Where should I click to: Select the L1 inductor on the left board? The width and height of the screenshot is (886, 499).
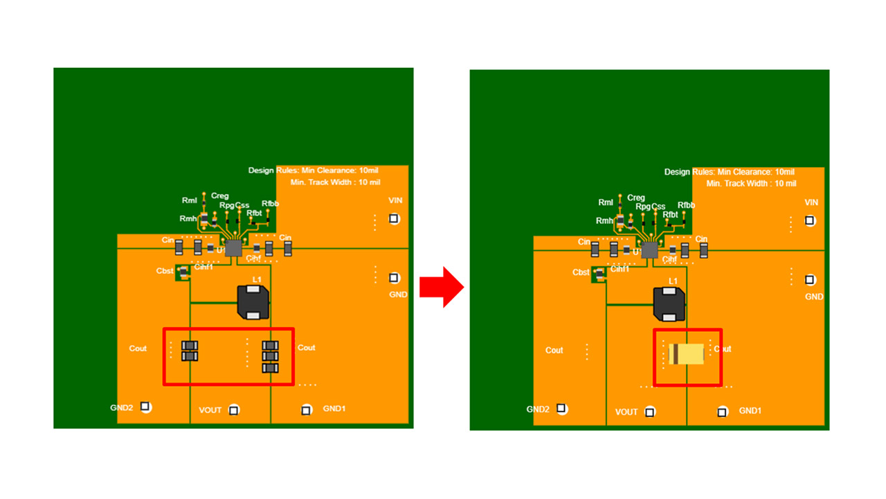pos(253,302)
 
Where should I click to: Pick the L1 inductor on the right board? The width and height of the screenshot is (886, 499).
pos(669,304)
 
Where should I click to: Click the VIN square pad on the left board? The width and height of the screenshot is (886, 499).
pos(394,219)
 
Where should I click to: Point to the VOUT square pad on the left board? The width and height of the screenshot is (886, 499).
pos(234,410)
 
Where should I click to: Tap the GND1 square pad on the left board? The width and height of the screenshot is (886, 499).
pos(307,410)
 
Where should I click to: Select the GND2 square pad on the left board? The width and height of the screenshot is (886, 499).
pos(145,407)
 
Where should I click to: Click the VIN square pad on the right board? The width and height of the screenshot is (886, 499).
pos(810,221)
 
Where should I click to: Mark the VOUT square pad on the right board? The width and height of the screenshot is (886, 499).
pos(650,412)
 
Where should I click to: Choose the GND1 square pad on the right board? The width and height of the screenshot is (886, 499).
pos(723,412)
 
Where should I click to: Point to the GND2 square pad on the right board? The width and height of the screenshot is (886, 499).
pos(561,409)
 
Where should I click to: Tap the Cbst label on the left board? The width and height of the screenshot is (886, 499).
pos(165,271)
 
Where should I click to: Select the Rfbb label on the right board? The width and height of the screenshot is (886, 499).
pos(687,205)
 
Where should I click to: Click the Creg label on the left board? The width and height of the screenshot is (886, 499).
pos(219,196)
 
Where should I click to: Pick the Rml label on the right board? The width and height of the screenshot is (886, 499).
pos(606,202)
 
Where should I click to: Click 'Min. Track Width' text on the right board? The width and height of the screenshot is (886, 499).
pos(751,184)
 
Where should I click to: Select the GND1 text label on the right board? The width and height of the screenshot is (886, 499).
pos(750,410)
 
